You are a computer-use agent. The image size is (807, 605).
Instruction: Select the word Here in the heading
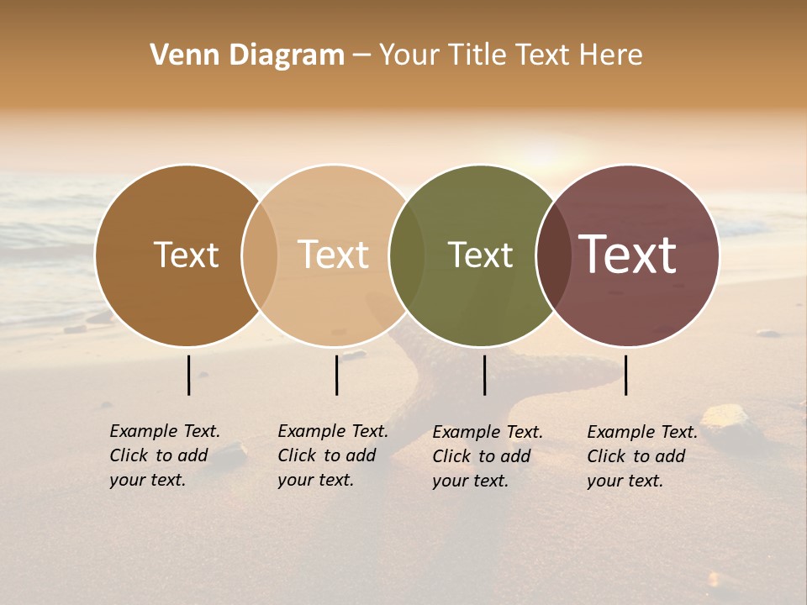click(x=612, y=55)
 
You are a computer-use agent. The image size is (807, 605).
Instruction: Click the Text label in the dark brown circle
click(x=186, y=255)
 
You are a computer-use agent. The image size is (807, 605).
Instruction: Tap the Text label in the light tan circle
click(x=334, y=255)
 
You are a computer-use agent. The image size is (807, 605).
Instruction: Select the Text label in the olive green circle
click(x=480, y=255)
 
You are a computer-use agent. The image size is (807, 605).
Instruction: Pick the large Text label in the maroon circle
click(x=627, y=255)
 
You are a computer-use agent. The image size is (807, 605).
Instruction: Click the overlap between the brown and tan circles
click(x=260, y=255)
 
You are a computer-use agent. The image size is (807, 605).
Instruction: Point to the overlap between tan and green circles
click(x=407, y=255)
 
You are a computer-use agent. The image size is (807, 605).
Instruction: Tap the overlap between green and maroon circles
click(x=553, y=255)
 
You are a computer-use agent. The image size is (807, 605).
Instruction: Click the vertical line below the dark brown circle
click(x=188, y=375)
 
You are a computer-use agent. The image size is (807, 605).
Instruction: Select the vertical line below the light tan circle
click(x=336, y=375)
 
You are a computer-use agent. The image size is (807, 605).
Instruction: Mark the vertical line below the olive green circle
click(x=484, y=375)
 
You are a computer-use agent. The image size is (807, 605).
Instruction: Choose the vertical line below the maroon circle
click(x=626, y=375)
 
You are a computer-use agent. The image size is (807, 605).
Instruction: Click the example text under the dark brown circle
click(x=164, y=455)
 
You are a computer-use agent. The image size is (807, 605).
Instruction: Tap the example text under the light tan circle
click(x=332, y=455)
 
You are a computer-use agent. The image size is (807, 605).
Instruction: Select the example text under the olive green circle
click(x=487, y=456)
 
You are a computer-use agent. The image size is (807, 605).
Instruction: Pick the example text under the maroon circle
click(x=641, y=456)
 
